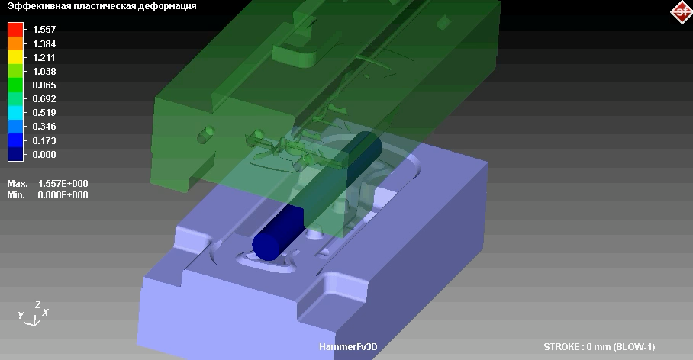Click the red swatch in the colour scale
point(15,30)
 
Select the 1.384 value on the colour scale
point(44,43)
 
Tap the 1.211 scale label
point(44,57)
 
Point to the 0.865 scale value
point(44,85)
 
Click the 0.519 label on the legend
point(44,112)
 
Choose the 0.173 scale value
point(44,140)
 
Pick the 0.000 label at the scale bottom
point(44,154)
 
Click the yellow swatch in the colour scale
point(15,57)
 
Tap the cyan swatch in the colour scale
point(15,113)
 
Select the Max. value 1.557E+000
point(63,183)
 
